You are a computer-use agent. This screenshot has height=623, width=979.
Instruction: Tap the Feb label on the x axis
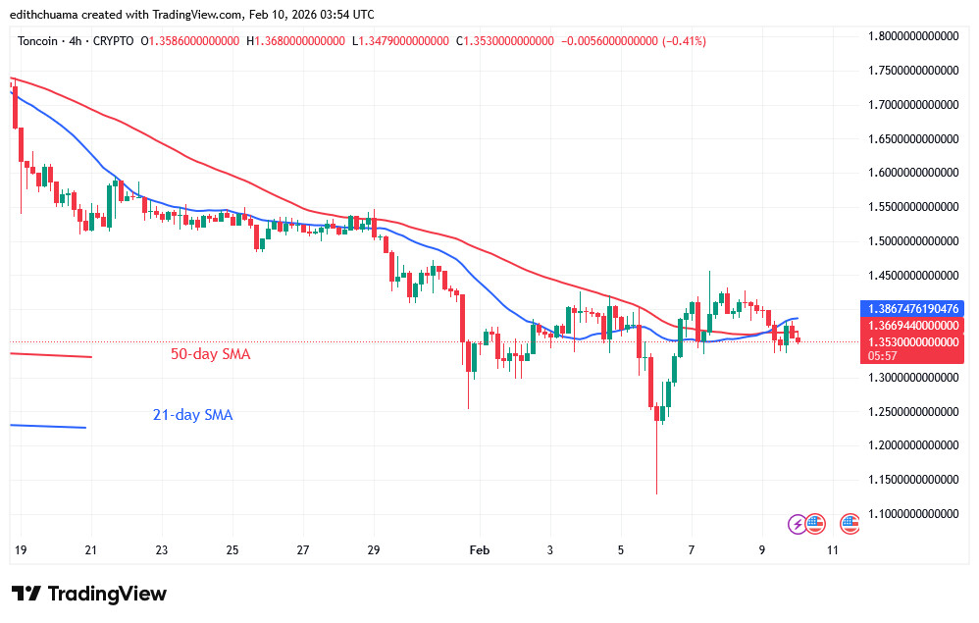(x=480, y=550)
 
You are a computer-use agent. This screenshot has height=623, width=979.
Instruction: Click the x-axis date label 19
(x=19, y=550)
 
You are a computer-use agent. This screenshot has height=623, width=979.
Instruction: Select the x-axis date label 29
(x=373, y=550)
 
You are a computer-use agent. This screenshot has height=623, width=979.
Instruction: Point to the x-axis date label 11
(x=832, y=550)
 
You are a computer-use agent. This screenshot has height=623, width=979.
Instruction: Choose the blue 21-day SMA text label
(x=192, y=415)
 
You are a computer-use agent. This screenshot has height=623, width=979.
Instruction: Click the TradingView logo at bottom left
(x=89, y=594)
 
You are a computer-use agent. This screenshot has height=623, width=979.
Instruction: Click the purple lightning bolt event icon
(x=798, y=524)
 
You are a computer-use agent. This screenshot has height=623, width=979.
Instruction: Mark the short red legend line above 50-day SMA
(x=49, y=354)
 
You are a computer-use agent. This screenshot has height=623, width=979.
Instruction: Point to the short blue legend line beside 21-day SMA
(x=47, y=426)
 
